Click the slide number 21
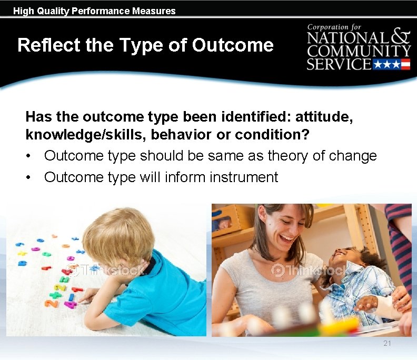387,343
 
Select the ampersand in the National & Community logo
401,35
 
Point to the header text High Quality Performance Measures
94,11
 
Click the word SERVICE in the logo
339,64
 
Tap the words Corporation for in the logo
335,27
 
